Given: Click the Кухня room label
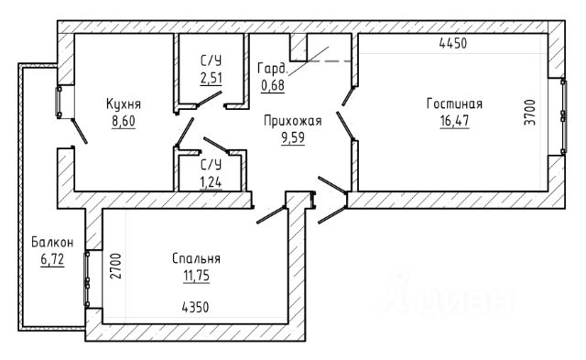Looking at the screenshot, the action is tap(124, 104).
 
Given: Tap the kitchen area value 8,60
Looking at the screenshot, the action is tap(124, 121).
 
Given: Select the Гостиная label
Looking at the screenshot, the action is tap(454, 104).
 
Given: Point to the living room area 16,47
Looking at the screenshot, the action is tap(454, 121).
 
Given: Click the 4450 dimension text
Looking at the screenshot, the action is tap(453, 43).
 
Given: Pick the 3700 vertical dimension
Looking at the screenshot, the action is tap(529, 112).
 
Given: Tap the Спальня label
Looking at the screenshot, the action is tap(196, 258).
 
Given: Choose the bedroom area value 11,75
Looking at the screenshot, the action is tap(196, 276).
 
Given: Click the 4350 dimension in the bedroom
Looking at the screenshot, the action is tap(195, 308).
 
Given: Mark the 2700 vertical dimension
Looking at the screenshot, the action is tap(115, 267).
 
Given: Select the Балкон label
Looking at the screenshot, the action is tap(52, 242).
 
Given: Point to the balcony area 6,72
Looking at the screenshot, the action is tap(52, 259).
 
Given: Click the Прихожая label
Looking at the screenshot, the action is tap(293, 121).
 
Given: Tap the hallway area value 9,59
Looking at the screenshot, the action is tap(293, 138).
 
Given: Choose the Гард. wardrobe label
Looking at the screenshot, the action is tap(273, 69).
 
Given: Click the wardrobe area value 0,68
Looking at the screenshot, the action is tap(273, 85).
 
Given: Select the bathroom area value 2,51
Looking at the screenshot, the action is tap(212, 78).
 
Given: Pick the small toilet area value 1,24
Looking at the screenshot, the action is tap(211, 183).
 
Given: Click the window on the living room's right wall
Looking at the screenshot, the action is tap(564, 116).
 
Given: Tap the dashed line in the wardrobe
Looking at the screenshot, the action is tap(329, 61).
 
